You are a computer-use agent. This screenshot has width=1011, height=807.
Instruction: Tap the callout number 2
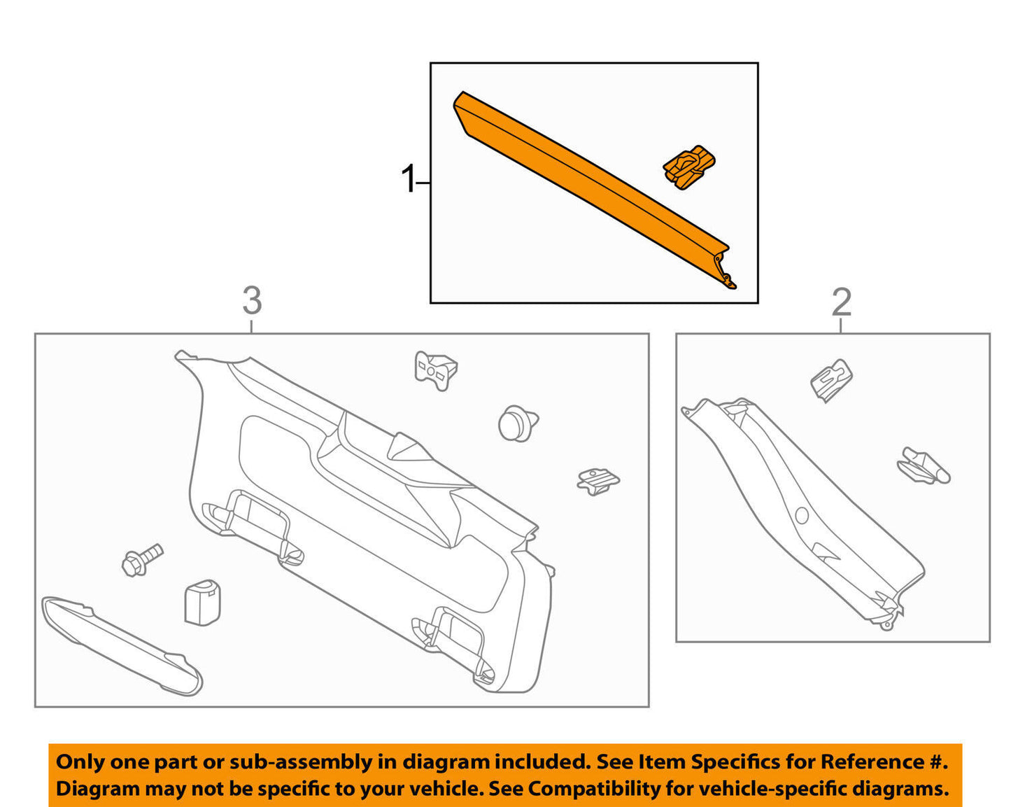point(841,302)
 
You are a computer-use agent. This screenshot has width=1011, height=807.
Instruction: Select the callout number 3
point(252,301)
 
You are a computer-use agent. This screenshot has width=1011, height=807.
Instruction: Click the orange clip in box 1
point(689,167)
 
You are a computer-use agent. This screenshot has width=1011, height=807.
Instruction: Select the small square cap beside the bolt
point(202,601)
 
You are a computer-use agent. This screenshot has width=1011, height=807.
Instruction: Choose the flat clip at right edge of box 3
point(598,480)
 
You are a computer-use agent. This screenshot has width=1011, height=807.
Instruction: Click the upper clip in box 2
point(831,380)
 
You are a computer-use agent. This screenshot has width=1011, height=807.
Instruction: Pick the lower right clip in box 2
point(924,466)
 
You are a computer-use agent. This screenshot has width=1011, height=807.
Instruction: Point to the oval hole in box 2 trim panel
point(802,516)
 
